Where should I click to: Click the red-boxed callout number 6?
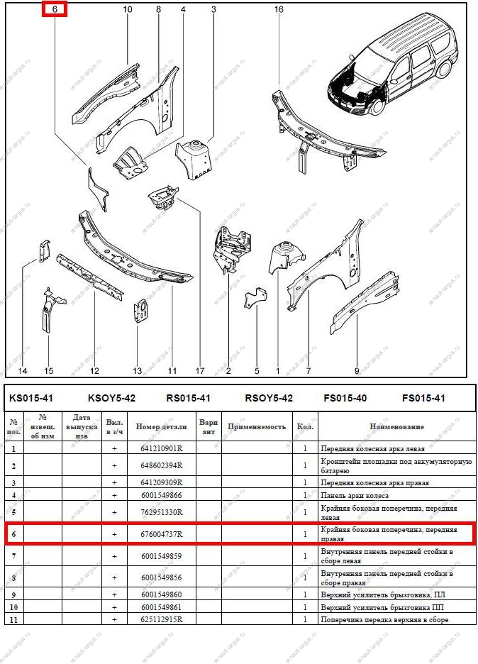click(54, 9)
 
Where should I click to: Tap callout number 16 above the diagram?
click(279, 9)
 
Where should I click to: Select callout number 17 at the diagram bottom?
click(200, 371)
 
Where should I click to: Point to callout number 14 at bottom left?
click(22, 371)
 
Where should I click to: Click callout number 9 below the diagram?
click(357, 371)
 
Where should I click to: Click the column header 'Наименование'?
click(396, 426)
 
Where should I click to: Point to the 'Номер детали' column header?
click(162, 426)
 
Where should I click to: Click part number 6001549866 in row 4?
click(157, 494)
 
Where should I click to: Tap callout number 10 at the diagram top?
click(128, 9)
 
